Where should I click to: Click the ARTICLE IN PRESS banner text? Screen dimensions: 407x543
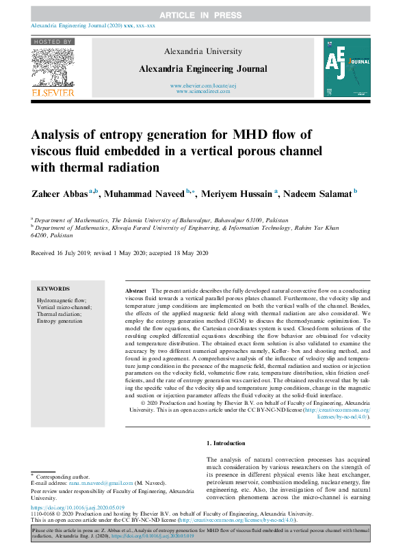pos(202,14)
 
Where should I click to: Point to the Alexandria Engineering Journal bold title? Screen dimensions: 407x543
pos(203,68)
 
